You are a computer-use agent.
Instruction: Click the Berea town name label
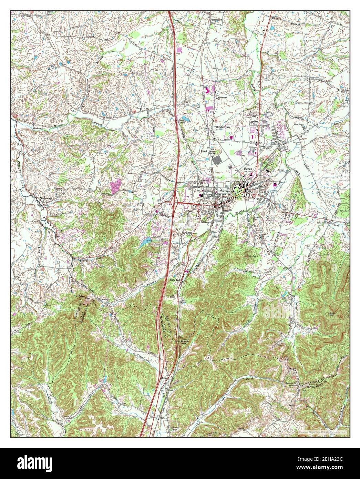pos(243,169)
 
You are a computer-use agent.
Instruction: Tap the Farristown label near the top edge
pos(216,20)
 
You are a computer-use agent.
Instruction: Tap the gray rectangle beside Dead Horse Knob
pos(217,160)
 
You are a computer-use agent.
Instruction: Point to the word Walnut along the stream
pos(28,128)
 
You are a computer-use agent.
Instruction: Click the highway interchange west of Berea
pos(172,204)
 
